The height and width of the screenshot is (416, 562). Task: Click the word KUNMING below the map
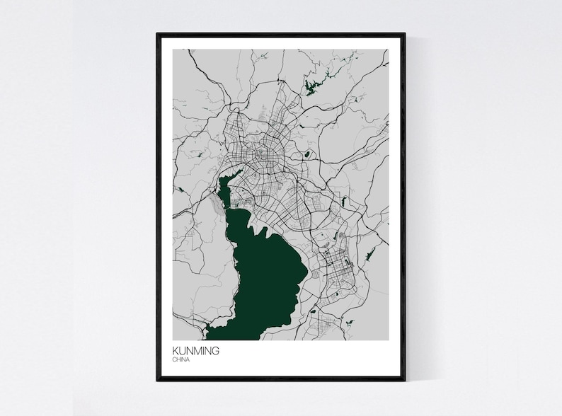pos(196,350)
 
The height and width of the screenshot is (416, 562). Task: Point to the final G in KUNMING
pos(216,350)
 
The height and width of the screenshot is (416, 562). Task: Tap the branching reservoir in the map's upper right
pos(312,87)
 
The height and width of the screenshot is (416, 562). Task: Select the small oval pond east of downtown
pos(309,154)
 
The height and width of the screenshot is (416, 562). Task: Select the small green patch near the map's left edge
pos(180,190)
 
